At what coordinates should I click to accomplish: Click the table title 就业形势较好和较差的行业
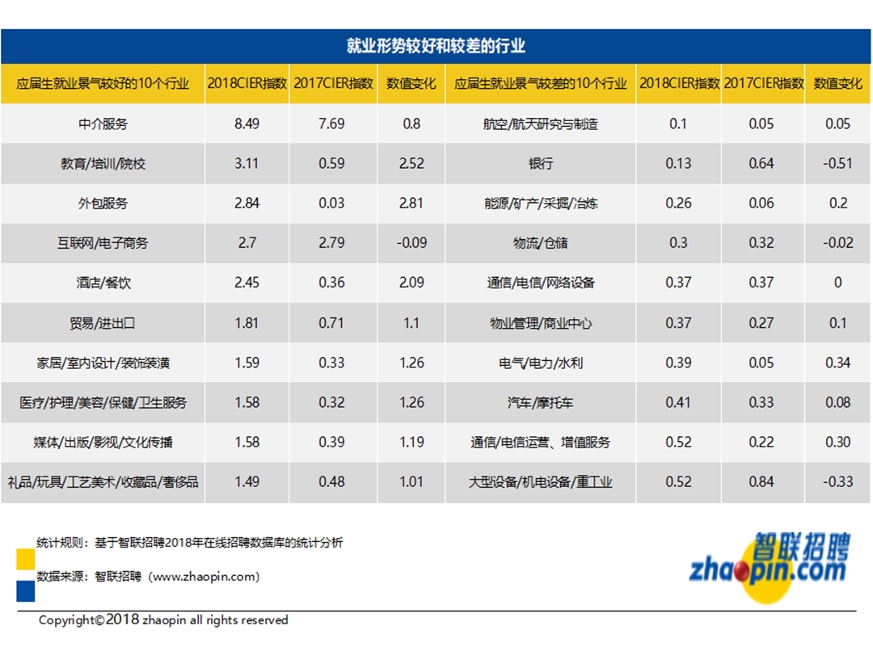click(436, 46)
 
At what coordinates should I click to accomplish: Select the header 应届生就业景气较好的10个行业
click(103, 83)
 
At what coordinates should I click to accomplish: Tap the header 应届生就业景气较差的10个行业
click(540, 83)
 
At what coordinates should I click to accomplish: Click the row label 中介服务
click(103, 124)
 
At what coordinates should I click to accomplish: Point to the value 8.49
click(247, 124)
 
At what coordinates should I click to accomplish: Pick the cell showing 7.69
click(331, 124)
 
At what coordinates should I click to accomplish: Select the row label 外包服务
click(103, 203)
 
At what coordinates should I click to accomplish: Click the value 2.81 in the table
click(411, 203)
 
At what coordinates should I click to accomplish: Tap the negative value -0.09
click(411, 242)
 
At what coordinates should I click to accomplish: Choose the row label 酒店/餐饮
click(103, 283)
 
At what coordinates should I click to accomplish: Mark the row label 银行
click(540, 163)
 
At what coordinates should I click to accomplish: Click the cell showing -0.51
click(838, 163)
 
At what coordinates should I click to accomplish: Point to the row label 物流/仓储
click(540, 242)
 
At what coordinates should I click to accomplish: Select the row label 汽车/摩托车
click(540, 402)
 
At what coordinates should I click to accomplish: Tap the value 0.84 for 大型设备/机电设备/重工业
click(761, 481)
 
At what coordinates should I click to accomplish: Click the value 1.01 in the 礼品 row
click(411, 481)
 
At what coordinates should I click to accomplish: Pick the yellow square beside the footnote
click(25, 559)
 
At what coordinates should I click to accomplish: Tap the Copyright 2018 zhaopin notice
click(163, 620)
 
